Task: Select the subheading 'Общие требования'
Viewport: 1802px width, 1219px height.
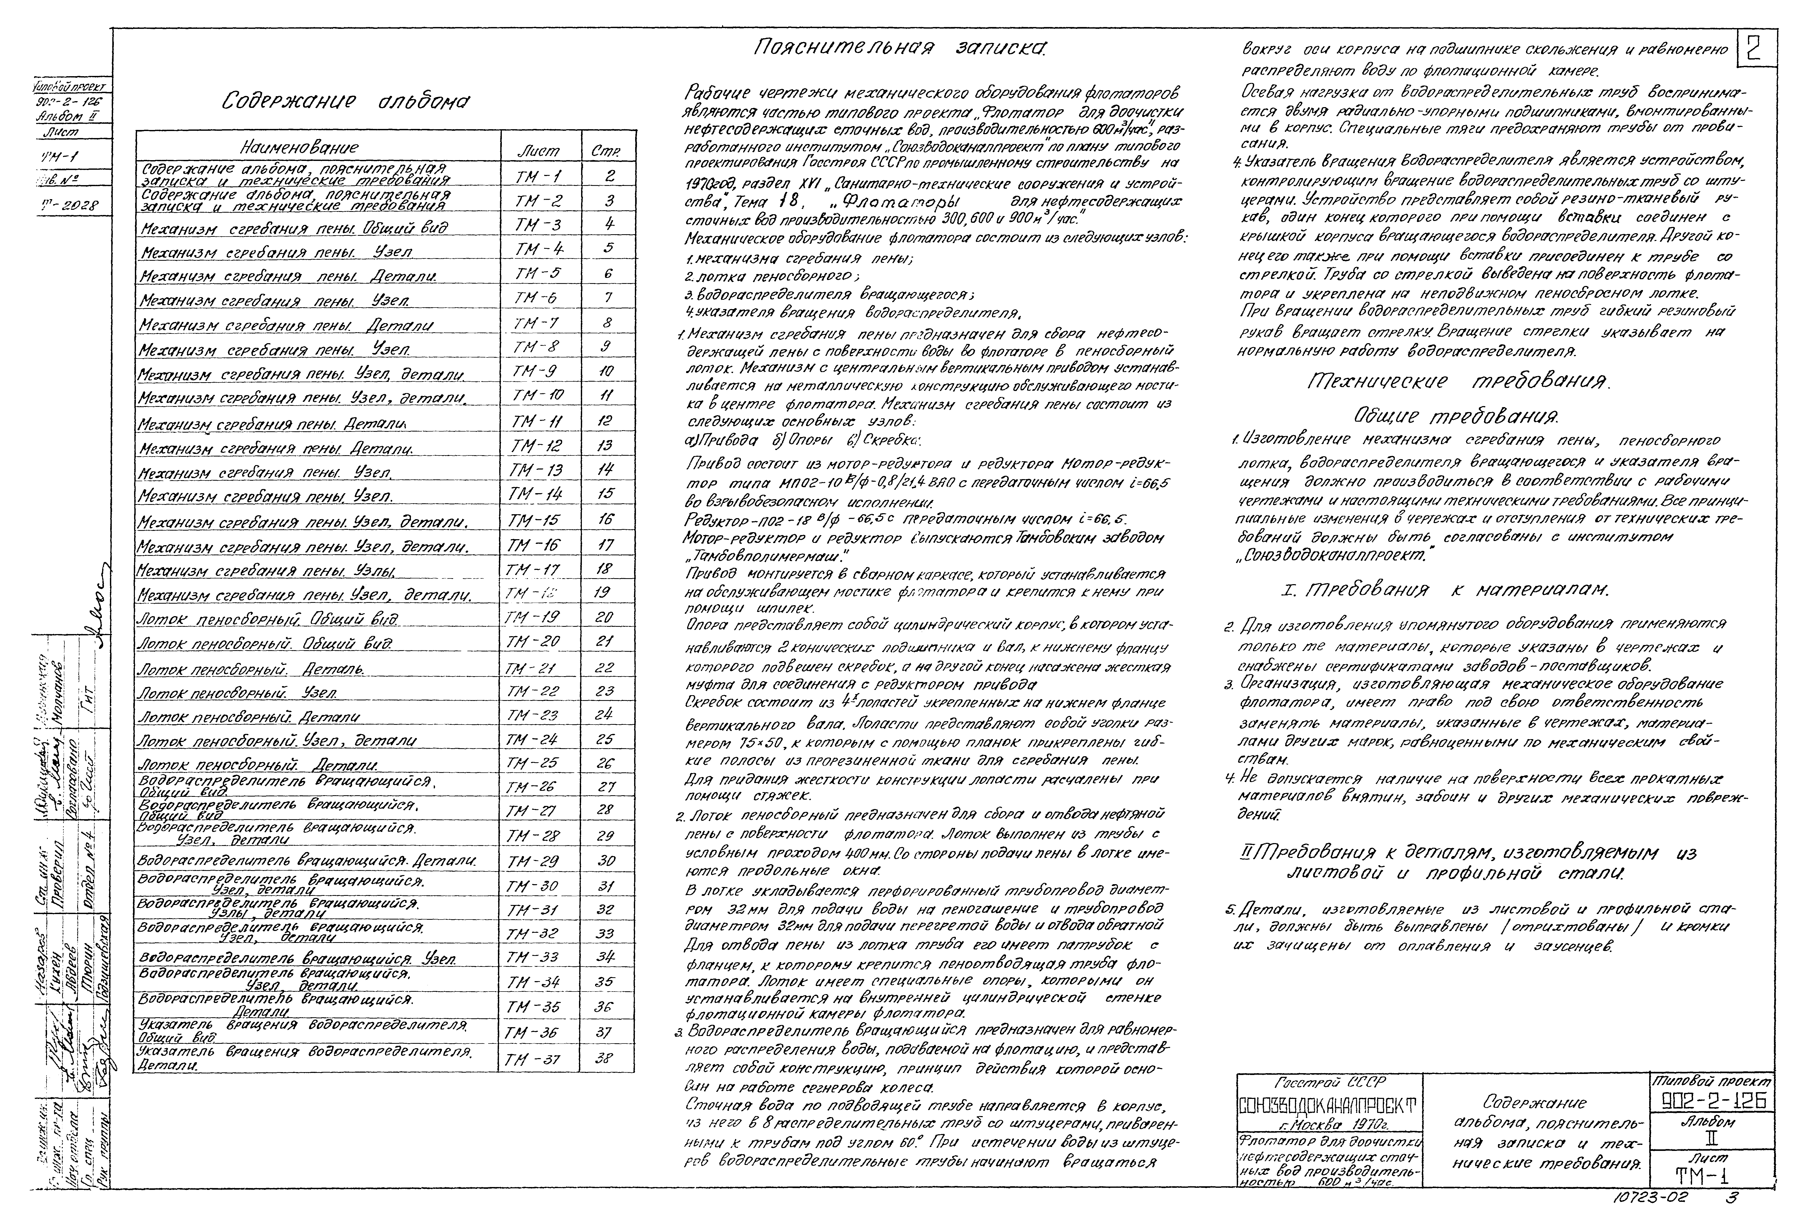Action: tap(1458, 416)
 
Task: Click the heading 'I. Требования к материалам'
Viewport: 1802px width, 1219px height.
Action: tap(1446, 590)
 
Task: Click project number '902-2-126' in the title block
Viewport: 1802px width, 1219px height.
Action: tap(1712, 1100)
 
